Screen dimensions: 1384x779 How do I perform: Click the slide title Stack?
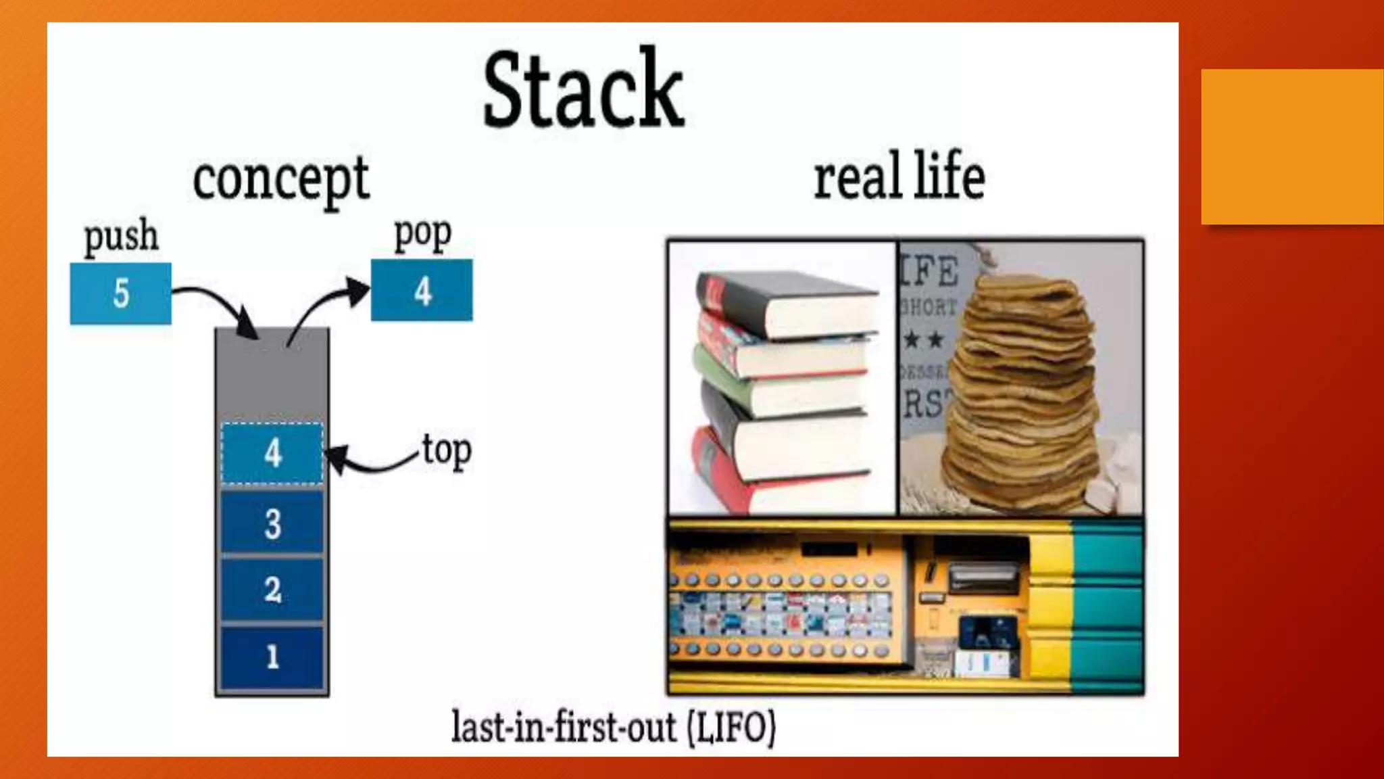(583, 89)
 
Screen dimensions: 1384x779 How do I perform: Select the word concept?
(280, 179)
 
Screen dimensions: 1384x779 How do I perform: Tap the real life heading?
(899, 177)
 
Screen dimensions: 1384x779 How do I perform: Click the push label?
(121, 236)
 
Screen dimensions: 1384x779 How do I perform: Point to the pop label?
(422, 234)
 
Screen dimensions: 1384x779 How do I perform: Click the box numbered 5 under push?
(121, 293)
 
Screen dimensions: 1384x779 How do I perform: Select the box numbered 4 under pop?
(422, 291)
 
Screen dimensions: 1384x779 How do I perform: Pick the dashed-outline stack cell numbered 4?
(272, 453)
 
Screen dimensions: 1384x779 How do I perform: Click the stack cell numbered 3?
(272, 523)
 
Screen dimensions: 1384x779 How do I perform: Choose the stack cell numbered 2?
(272, 589)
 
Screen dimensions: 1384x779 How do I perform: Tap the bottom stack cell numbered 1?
(272, 656)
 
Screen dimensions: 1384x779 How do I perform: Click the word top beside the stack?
(447, 450)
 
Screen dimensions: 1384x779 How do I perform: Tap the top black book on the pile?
(784, 301)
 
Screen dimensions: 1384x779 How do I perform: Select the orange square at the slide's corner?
(1291, 146)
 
